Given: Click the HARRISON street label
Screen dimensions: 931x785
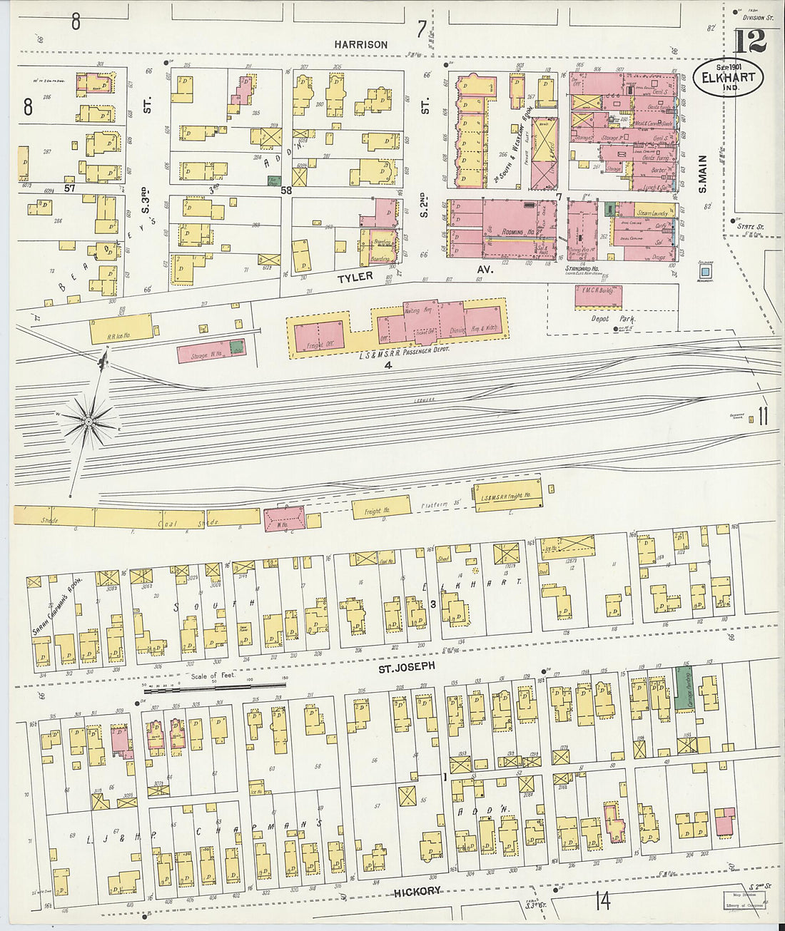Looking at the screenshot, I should coord(361,44).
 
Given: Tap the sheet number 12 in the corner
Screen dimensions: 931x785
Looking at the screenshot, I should coord(749,43).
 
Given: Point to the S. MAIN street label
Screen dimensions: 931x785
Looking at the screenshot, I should coord(702,174).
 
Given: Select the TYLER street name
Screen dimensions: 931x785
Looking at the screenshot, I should coord(355,277).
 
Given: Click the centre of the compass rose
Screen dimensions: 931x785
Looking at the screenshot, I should coord(88,422).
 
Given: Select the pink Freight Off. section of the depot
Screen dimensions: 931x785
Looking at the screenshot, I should coord(318,335).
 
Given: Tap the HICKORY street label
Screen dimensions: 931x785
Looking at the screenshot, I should coord(417,891).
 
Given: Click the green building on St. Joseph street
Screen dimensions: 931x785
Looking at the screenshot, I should coord(684,688).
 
